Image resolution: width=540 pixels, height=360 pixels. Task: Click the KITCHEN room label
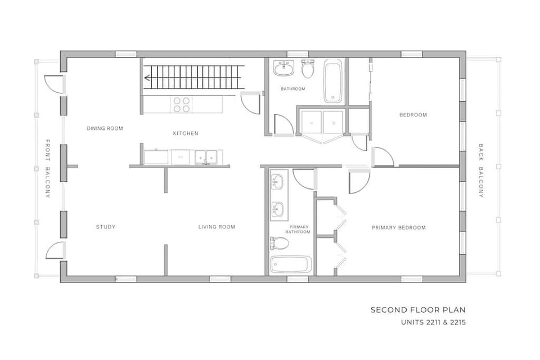pos(185,133)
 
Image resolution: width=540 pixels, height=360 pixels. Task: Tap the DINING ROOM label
pos(105,128)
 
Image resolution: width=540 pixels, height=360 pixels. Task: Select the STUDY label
pos(105,227)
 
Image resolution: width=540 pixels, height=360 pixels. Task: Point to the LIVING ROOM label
pos(217,227)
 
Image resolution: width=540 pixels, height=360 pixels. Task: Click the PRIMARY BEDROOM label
pos(398,228)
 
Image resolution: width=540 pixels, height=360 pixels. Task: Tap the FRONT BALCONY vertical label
pos(48,169)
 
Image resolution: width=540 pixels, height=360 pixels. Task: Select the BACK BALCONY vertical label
pos(481,171)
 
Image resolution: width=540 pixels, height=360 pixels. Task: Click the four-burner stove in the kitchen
pos(181,104)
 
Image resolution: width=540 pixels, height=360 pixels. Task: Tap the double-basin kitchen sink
pos(205,157)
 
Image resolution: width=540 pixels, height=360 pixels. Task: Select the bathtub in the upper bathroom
pos(333,82)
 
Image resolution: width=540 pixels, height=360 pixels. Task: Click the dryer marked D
pos(334,122)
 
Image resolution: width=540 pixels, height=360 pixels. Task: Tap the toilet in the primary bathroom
pos(280,244)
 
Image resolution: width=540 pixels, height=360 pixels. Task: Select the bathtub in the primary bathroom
pos(291,264)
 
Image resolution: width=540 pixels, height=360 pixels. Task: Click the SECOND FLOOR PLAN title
pos(417,310)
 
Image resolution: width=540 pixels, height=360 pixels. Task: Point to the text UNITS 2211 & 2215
pos(433,323)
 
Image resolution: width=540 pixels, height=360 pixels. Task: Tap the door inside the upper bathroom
pos(281,125)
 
